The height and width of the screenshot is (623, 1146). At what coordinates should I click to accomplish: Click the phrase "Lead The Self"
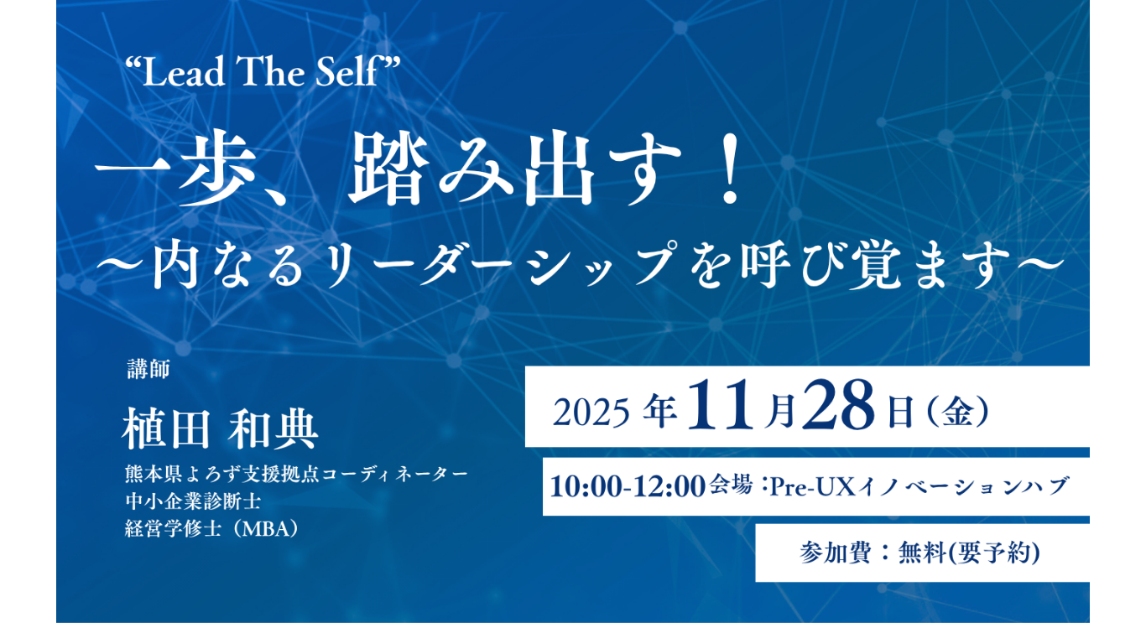pyautogui.click(x=261, y=72)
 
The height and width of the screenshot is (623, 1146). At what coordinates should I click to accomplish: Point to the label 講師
pyautogui.click(x=148, y=369)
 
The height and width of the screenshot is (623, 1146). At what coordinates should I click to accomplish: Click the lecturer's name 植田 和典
pyautogui.click(x=220, y=428)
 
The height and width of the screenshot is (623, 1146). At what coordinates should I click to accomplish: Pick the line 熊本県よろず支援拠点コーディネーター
pyautogui.click(x=296, y=474)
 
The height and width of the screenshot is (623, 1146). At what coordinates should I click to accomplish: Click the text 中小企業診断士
pyautogui.click(x=192, y=501)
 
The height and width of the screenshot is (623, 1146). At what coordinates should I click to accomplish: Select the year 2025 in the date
pyautogui.click(x=591, y=413)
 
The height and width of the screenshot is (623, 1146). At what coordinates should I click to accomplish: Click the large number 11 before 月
pyautogui.click(x=720, y=406)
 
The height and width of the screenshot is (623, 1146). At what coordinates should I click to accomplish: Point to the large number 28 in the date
pyautogui.click(x=840, y=406)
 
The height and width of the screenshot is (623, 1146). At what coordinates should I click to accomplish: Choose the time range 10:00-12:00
pyautogui.click(x=628, y=486)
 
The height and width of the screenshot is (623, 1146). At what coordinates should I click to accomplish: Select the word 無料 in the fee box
pyautogui.click(x=921, y=553)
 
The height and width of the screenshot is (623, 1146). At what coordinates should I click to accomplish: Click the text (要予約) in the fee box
pyautogui.click(x=993, y=553)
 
